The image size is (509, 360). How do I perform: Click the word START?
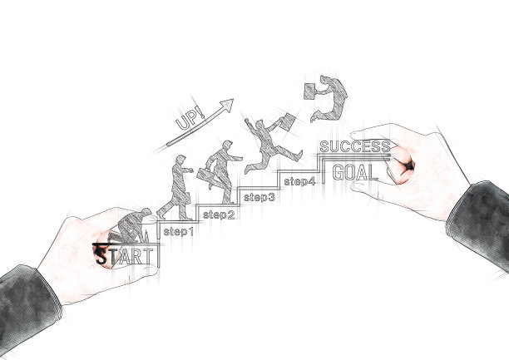[x=125, y=254]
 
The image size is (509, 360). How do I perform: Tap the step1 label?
[x=178, y=231]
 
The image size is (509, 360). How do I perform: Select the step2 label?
[x=219, y=215]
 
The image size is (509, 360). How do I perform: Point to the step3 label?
[x=259, y=197]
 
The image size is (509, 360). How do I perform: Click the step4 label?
[x=299, y=180]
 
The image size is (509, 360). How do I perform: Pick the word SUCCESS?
[x=354, y=147]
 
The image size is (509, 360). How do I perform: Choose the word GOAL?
[x=354, y=173]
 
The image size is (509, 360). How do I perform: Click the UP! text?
[x=190, y=121]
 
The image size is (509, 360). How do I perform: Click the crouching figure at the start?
[x=131, y=225]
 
